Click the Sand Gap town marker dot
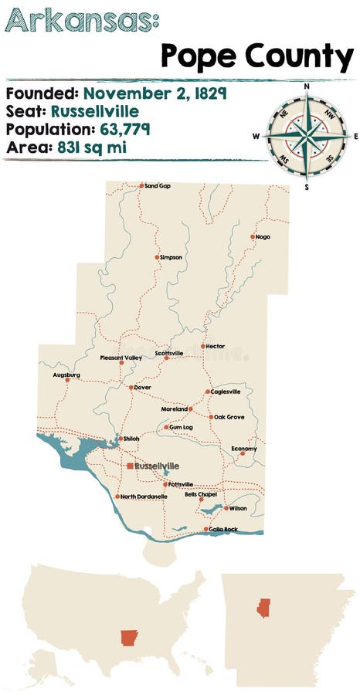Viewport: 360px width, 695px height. [x=141, y=185]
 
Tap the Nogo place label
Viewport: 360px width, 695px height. [x=263, y=236]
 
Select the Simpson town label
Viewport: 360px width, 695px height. [x=172, y=257]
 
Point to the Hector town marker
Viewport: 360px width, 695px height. [x=203, y=346]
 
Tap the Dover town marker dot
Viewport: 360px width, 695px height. [x=131, y=387]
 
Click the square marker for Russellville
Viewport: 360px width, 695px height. [x=130, y=466]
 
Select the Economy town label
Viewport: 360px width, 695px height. [x=243, y=448]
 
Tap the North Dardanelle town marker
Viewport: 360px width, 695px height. [x=117, y=497]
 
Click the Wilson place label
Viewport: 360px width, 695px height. [x=238, y=508]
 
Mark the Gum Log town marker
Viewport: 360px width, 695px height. [x=166, y=427]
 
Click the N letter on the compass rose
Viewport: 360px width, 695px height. [x=307, y=87]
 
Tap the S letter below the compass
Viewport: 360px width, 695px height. [x=307, y=186]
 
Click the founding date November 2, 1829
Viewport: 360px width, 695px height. [x=154, y=94]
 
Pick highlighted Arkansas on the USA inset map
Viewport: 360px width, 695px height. [x=128, y=638]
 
